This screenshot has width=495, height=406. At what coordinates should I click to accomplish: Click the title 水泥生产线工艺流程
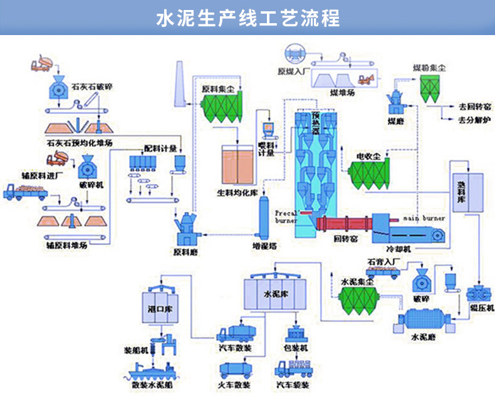coord(247,18)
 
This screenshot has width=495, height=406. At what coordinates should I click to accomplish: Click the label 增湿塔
coord(264,246)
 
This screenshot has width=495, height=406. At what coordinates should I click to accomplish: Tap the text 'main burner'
coord(424,219)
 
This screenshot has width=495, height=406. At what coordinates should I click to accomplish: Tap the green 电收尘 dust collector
coord(368,175)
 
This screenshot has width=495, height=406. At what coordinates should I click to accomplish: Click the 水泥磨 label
coord(423,336)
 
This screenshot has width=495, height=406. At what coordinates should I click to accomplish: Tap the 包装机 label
coord(295,347)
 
